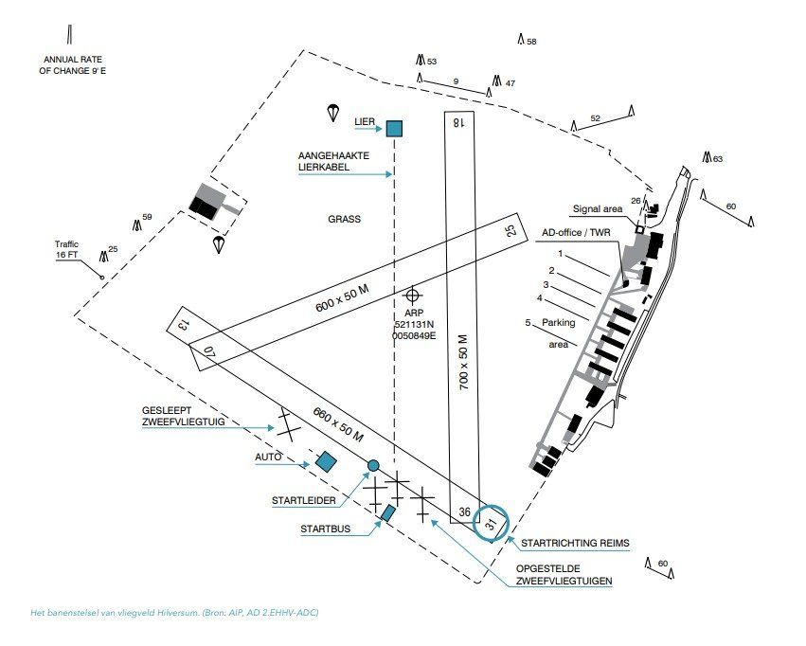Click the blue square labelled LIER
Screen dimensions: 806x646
click(x=394, y=129)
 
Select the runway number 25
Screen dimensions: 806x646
click(x=511, y=230)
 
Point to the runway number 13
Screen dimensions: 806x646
click(x=182, y=324)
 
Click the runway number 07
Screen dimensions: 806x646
click(x=208, y=352)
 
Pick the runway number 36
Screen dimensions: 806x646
click(x=465, y=511)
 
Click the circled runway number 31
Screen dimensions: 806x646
click(x=492, y=523)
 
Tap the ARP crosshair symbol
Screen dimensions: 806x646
click(x=412, y=296)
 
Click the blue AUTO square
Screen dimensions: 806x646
click(x=326, y=461)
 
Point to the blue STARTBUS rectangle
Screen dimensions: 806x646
click(x=388, y=512)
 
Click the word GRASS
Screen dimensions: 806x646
click(x=345, y=219)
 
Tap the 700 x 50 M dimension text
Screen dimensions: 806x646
click(x=464, y=362)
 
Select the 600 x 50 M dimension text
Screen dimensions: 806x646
click(x=342, y=298)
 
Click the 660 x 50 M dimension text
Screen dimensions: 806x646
click(x=338, y=425)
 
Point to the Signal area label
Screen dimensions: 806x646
click(x=598, y=209)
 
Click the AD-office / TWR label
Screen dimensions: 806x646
click(x=576, y=233)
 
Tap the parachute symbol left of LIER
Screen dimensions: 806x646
click(x=333, y=113)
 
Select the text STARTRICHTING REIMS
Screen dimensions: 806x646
click(x=575, y=543)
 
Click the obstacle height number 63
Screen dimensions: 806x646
click(x=718, y=159)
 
